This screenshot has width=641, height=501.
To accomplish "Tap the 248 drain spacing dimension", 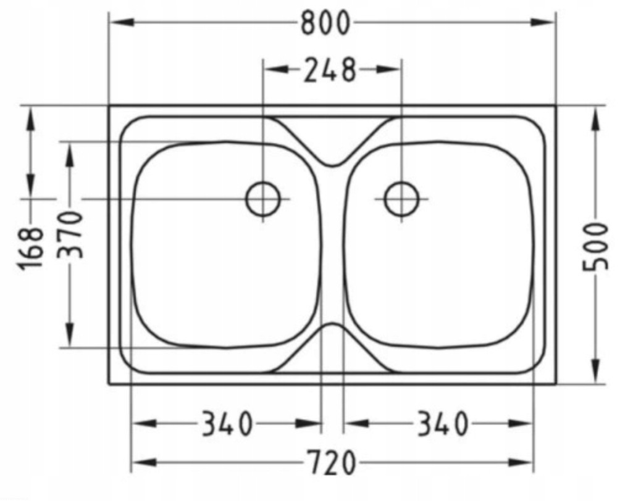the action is click(x=330, y=70).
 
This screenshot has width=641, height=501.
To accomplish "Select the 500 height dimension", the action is click(x=595, y=246).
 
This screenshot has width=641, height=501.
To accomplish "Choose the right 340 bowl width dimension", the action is click(x=442, y=424).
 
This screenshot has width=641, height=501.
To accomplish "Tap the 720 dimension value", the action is click(x=331, y=463).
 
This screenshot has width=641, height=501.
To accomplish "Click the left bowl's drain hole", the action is click(x=263, y=199).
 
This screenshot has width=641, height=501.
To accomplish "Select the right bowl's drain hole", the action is click(x=402, y=199).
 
